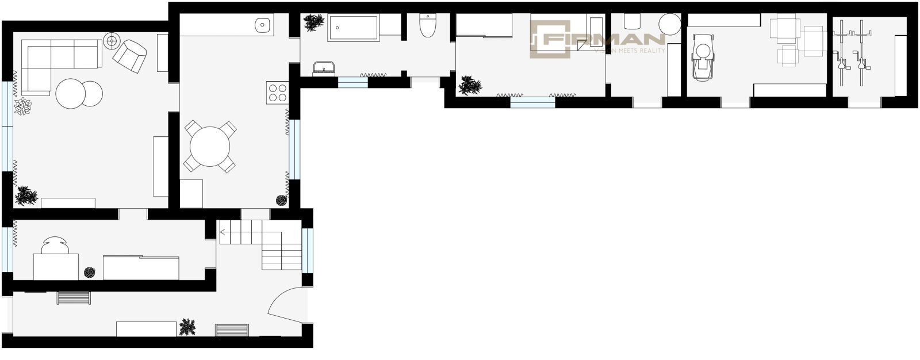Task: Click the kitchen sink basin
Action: [262, 25]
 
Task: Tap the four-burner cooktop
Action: [277, 93]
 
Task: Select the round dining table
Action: [210, 146]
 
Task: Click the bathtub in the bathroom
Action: [353, 28]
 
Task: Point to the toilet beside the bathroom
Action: [428, 25]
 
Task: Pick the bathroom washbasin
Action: [324, 68]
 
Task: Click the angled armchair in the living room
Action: [129, 56]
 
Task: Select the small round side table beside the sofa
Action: [112, 41]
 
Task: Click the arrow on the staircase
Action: [223, 232]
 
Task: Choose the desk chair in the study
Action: [55, 246]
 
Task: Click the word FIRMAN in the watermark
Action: [604, 40]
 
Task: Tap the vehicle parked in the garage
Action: [703, 57]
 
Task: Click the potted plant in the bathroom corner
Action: [314, 22]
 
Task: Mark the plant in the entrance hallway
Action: [187, 327]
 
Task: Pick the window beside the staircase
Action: [307, 250]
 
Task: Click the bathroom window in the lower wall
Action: [353, 82]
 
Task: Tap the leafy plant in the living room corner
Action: [26, 195]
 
